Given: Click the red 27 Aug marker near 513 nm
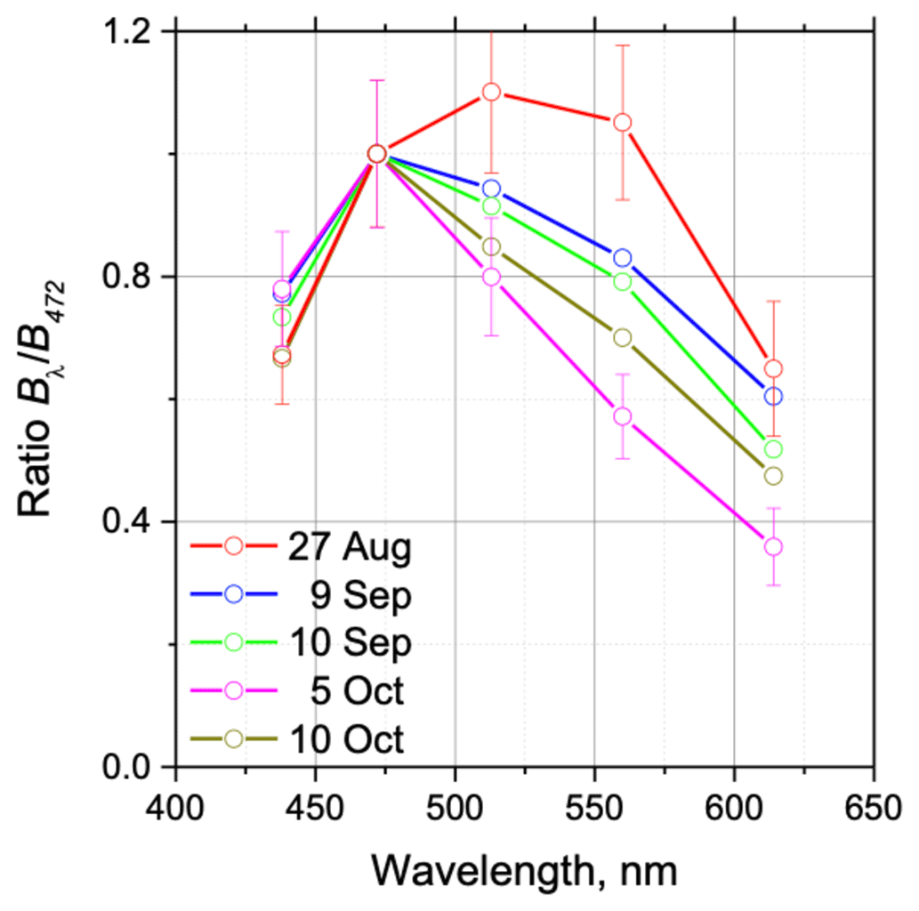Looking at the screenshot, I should (491, 92).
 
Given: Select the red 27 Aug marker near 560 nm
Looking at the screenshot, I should (622, 122).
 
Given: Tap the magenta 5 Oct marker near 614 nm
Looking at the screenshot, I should (773, 546).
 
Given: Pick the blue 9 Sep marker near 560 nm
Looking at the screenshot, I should (622, 258).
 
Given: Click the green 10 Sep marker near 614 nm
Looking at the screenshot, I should (773, 449).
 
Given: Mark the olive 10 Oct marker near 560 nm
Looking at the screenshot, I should (622, 337).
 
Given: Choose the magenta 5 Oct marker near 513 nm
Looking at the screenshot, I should (491, 277).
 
